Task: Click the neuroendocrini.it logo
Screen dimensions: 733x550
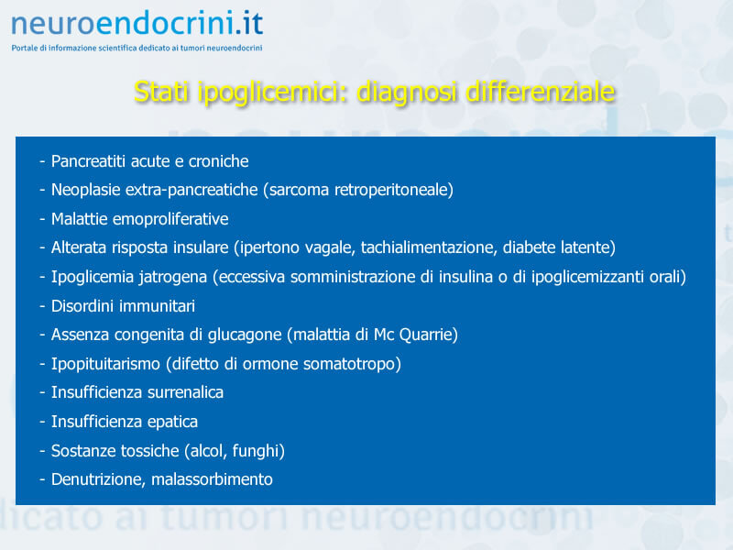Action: tap(137, 24)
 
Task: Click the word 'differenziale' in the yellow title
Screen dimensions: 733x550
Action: tap(541, 91)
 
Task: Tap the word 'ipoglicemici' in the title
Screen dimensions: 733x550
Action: tap(273, 93)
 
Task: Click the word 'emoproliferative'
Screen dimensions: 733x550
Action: tap(170, 219)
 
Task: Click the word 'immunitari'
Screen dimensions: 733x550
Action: tap(158, 306)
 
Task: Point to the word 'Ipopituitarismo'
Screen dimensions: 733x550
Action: tap(105, 364)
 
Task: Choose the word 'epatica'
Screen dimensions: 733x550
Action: tap(172, 422)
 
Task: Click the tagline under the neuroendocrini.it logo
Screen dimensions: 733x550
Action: tap(137, 48)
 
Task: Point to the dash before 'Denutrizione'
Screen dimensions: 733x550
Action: tap(42, 479)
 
